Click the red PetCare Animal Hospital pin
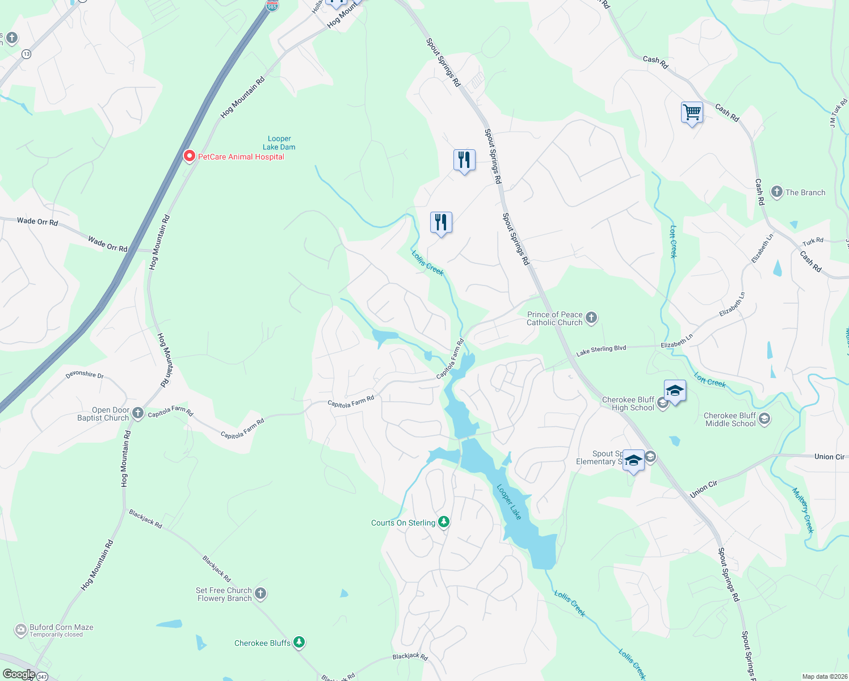coord(190,156)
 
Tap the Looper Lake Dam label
coord(279,143)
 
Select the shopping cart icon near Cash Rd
coord(692,113)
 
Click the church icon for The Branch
coord(776,192)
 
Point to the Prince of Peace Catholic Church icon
coord(591,318)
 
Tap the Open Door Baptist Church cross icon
coord(138,414)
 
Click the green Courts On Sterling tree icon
coord(444,522)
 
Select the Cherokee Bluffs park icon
coord(299,642)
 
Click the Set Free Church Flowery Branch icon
coord(260,594)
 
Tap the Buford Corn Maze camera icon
coord(20,630)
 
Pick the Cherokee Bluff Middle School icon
coord(764,419)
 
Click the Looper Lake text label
coord(509,502)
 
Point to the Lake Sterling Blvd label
coord(601,351)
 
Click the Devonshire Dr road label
coord(85,375)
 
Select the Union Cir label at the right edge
coord(829,456)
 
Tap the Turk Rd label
coord(813,242)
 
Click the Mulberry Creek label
coord(803,511)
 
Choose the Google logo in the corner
coord(19,674)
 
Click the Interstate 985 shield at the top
coord(272,6)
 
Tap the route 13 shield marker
coord(26,54)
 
